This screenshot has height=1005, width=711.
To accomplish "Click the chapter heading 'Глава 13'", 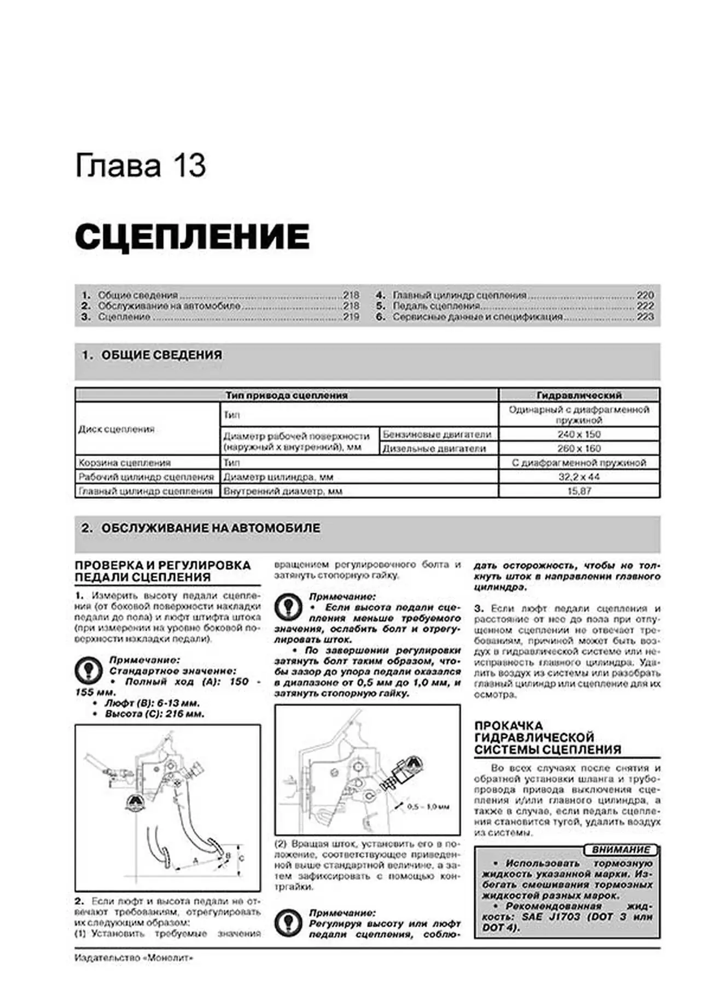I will [x=140, y=166].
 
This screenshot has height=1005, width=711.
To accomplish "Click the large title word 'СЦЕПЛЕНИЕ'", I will [x=192, y=237].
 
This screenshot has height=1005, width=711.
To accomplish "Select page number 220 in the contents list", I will [x=645, y=295].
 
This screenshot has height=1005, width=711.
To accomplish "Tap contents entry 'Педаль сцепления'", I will [x=436, y=306].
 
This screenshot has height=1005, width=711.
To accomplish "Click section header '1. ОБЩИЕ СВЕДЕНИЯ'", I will [x=151, y=355].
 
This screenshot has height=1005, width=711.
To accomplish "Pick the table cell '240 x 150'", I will [x=579, y=434].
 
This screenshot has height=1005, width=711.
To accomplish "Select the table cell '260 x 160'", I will [x=579, y=449].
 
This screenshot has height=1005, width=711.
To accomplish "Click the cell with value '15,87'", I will [x=579, y=491].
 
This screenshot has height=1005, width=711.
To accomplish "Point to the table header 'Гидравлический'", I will [x=579, y=395].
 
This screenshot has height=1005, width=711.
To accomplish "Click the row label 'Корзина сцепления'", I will [x=125, y=463].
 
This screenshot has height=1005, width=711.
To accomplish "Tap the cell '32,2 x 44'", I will [x=579, y=477].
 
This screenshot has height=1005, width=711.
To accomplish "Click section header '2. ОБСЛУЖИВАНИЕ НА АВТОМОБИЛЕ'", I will [x=201, y=528].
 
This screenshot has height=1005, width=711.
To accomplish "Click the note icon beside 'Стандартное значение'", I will [x=89, y=671].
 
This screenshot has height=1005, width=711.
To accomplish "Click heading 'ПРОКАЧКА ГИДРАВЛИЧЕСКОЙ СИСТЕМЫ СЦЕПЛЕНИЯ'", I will [x=547, y=738].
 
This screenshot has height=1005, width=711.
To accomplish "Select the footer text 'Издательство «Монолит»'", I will [x=134, y=958].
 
